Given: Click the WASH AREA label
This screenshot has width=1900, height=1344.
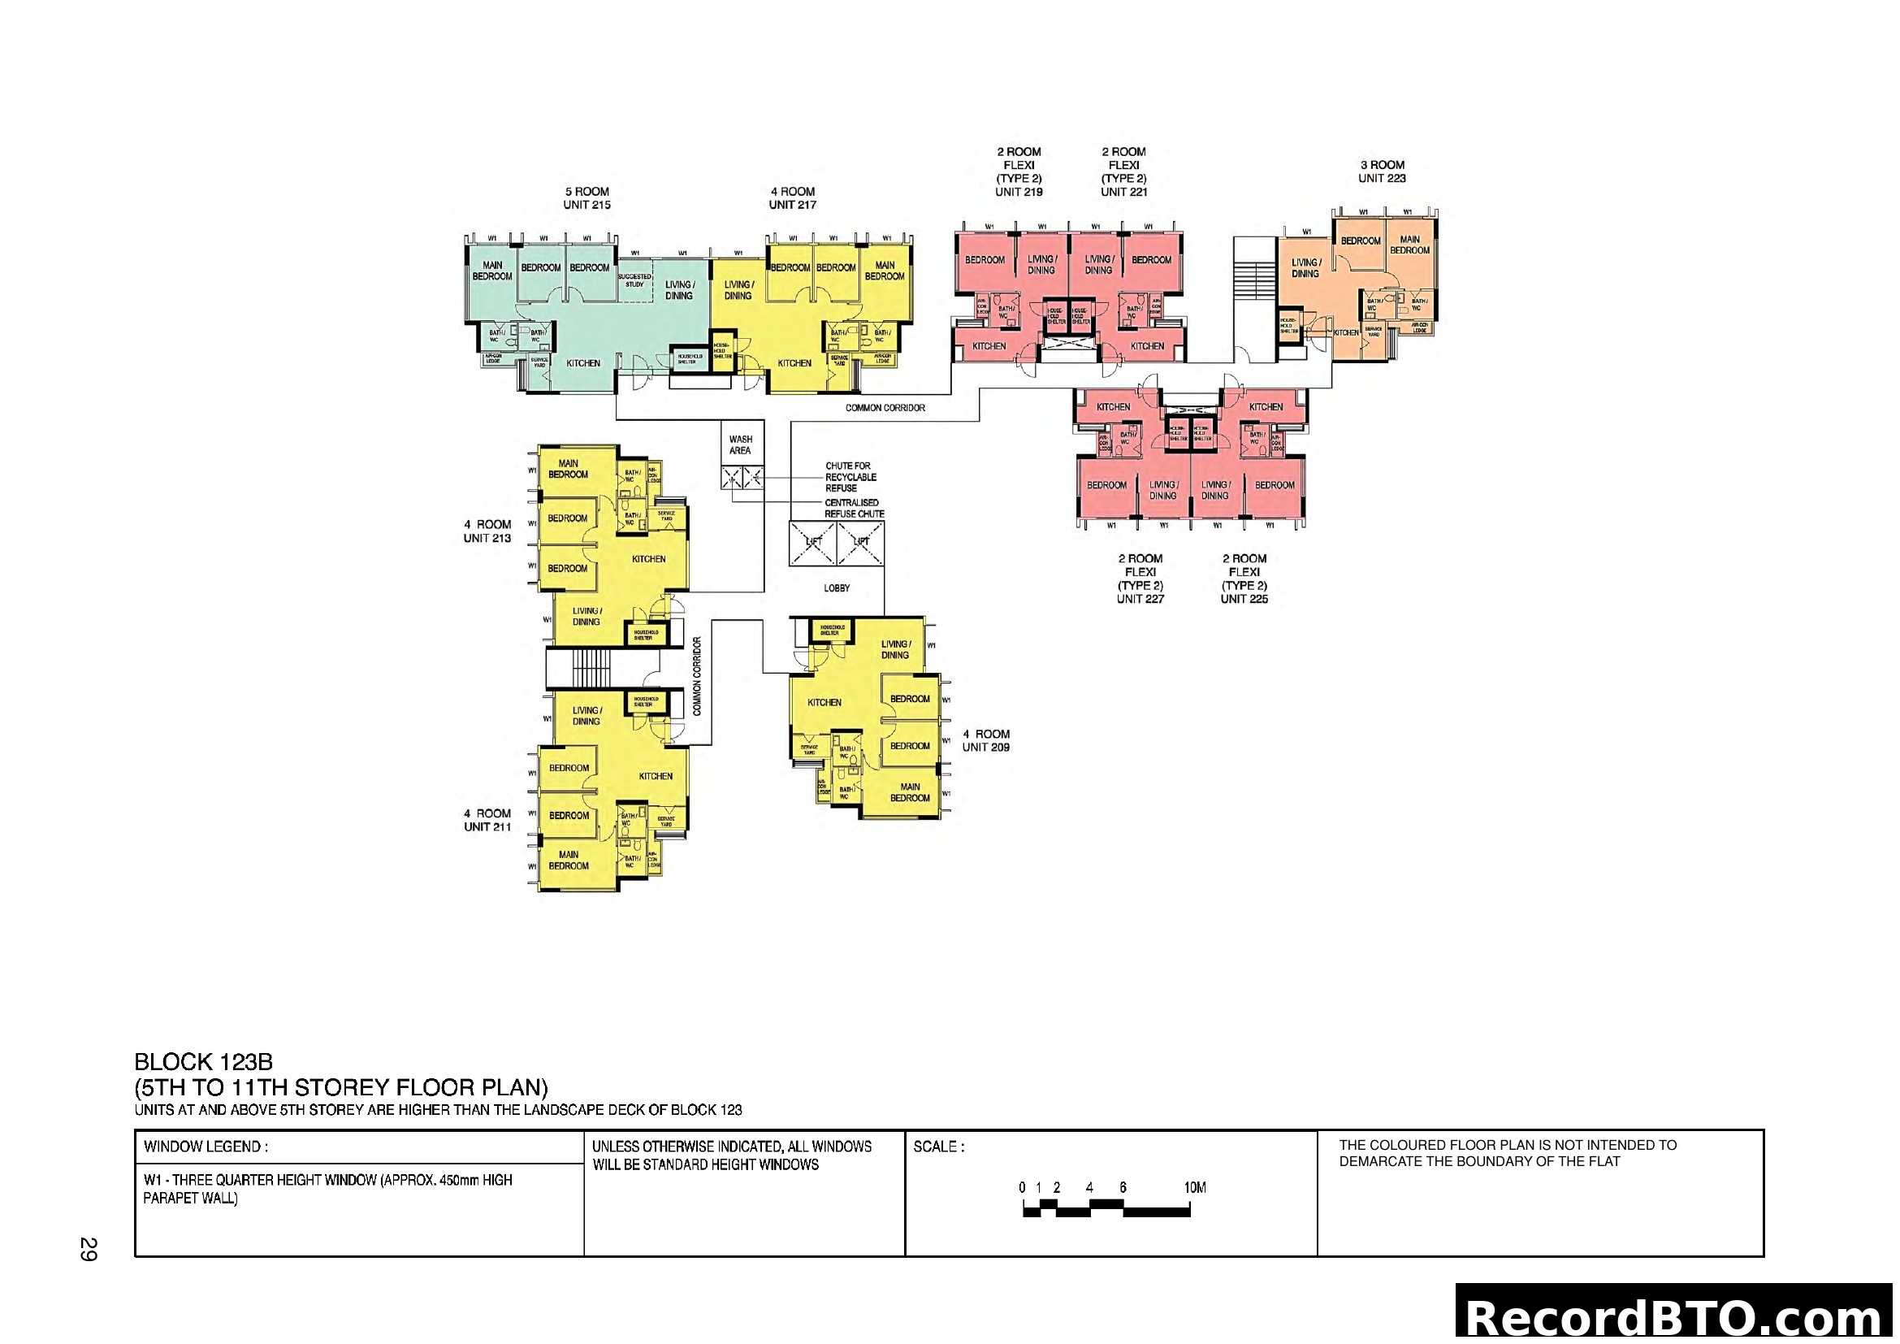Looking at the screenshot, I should [740, 445].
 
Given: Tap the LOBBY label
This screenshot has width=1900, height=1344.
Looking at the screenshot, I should [837, 588].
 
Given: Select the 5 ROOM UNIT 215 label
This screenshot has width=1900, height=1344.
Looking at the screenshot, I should [586, 198].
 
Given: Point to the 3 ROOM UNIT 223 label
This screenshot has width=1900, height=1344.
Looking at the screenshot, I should [1382, 171].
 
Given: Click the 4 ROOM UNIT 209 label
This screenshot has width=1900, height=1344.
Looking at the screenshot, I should [985, 741].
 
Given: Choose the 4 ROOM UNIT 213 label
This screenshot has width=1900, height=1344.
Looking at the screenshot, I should [487, 531].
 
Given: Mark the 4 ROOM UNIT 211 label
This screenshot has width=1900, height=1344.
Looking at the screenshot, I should [487, 820].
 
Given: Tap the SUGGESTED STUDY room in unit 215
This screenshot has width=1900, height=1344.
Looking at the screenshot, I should [634, 280].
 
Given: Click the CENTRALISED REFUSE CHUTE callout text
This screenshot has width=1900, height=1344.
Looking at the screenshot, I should [853, 508].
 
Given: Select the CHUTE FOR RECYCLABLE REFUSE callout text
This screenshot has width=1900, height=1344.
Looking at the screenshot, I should [850, 478].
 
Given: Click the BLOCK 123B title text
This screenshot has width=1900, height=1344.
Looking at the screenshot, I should [204, 1063].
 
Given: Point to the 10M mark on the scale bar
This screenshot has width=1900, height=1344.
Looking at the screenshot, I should [1194, 1189].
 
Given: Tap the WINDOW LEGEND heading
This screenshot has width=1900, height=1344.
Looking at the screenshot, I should [206, 1147].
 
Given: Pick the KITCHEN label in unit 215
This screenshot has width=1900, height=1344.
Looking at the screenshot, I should [583, 363].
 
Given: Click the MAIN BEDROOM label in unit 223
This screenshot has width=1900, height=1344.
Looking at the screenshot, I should [1410, 245].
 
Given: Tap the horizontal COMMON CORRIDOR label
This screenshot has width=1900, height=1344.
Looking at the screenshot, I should [885, 408].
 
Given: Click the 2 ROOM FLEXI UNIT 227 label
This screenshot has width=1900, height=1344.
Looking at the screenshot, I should [1140, 579].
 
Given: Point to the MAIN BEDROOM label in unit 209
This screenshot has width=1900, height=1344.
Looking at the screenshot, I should [910, 793].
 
